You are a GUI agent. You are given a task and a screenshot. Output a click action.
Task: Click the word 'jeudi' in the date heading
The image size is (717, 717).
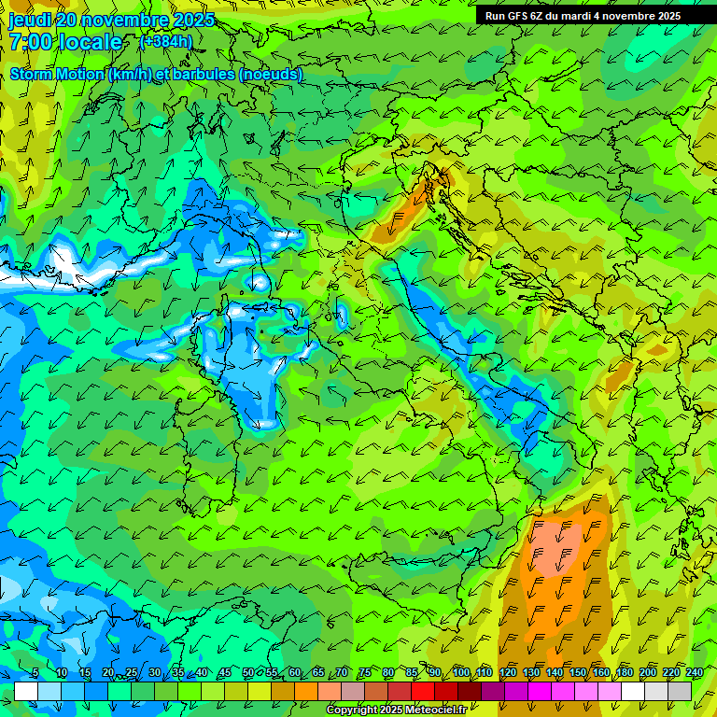[x=30, y=19]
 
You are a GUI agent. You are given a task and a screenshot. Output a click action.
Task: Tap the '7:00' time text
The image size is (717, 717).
[x=31, y=42]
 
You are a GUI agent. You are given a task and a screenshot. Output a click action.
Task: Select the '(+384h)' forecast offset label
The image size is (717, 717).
[x=165, y=41]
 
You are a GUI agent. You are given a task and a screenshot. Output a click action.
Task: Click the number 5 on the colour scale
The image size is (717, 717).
[x=35, y=673]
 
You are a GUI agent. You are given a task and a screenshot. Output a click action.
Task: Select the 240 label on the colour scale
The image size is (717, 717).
[x=694, y=673]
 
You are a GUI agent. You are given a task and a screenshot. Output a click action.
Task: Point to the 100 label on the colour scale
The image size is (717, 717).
[x=461, y=673]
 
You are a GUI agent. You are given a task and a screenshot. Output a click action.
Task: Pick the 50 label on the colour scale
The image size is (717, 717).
[x=247, y=673]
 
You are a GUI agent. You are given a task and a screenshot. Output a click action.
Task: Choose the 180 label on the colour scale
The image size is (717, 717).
[x=625, y=673]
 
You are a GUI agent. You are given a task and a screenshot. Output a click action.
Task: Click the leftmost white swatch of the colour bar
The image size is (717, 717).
[x=26, y=691]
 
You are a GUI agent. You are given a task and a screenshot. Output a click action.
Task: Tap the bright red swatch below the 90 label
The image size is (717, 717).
[x=423, y=691]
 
